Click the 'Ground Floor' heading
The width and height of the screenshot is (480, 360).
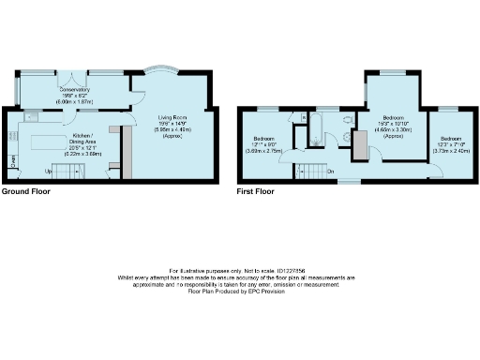pyautogui.click(x=26, y=190)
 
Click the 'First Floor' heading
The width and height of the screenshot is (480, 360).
pyautogui.click(x=255, y=190)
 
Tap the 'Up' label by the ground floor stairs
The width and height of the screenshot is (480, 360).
pyautogui.click(x=48, y=172)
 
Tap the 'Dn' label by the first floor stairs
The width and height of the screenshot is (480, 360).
pyautogui.click(x=330, y=171)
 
